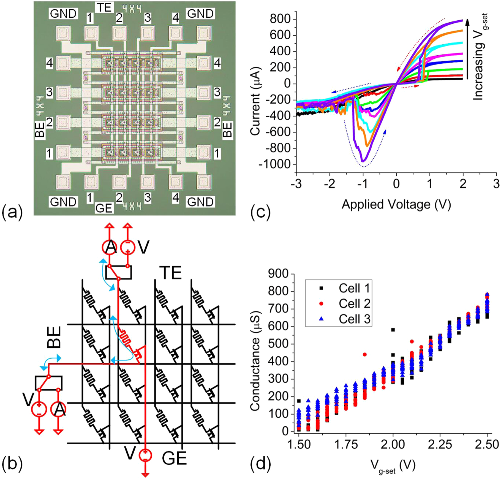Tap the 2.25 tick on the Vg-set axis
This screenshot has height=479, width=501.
(440, 444)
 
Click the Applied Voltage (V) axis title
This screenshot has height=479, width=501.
(396, 205)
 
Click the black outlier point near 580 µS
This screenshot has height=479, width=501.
(393, 330)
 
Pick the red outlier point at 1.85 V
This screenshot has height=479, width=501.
(365, 354)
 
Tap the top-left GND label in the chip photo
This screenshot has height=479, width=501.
(63, 13)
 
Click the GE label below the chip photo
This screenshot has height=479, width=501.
(104, 208)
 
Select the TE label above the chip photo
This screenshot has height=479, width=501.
(104, 7)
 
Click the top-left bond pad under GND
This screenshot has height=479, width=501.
(63, 33)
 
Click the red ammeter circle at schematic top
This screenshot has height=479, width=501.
(110, 247)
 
